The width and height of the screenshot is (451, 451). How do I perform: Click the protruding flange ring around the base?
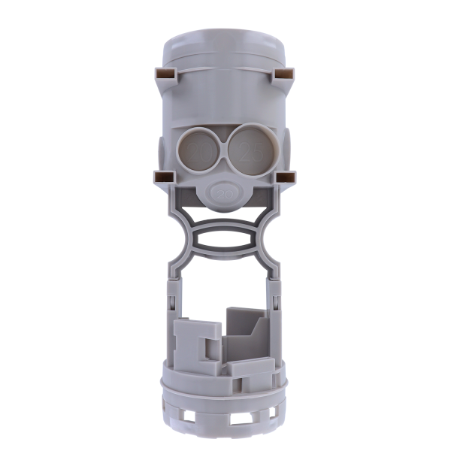(225, 391)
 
